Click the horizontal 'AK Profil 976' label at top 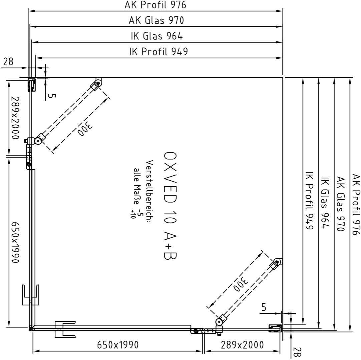155,5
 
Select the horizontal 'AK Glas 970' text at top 156,20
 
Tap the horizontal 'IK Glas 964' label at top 157,36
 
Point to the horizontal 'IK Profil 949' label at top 158,52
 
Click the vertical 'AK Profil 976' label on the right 356,204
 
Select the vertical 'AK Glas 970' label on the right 340,204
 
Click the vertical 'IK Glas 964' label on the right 325,203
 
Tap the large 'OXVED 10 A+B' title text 170,206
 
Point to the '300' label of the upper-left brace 85,130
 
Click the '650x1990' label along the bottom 118,345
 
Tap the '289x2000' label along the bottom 242,345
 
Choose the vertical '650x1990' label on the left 15,242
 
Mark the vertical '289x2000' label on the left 15,118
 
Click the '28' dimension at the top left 8,61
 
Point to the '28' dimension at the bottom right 297,352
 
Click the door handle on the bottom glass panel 65,329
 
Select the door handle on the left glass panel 30,295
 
